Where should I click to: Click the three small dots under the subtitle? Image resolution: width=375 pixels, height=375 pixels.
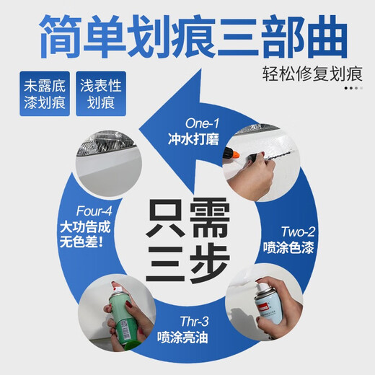[351, 88]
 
